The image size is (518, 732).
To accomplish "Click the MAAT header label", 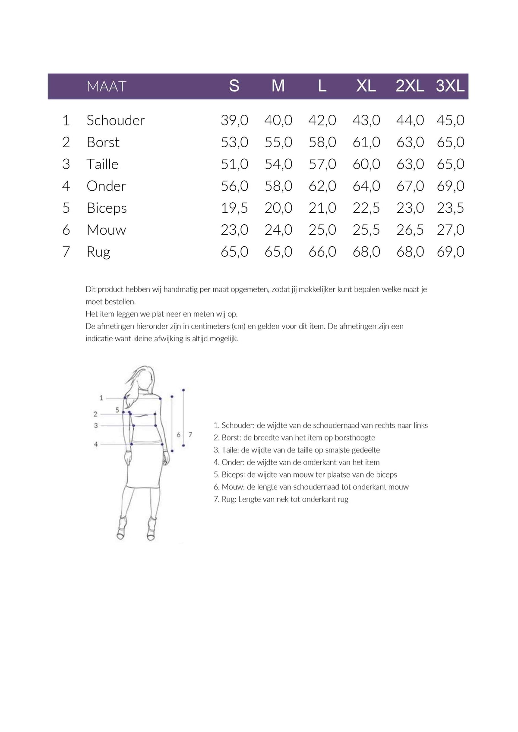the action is click(106, 86).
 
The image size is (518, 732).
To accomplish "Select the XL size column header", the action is click(366, 86).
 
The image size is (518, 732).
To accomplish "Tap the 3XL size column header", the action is click(450, 86).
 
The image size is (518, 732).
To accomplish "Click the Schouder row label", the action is click(115, 120).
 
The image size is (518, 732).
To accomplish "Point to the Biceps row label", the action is click(107, 208).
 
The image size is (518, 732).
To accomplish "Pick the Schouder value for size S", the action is click(234, 120).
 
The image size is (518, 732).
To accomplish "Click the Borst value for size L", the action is click(322, 142).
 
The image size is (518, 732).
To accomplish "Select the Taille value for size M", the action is click(278, 164).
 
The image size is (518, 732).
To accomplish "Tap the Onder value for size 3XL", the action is click(450, 186).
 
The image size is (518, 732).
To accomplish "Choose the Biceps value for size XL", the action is click(366, 208).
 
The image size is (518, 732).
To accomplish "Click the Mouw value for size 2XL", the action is click(410, 230).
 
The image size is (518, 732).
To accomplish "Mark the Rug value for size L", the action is click(322, 252).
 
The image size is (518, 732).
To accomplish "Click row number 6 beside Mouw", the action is click(66, 230).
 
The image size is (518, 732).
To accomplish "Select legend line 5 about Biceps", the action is click(305, 474).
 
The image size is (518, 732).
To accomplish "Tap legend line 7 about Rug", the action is click(281, 499).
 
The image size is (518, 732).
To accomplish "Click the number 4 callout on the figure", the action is click(96, 444).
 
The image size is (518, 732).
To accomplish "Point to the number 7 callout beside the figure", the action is click(190, 434).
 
